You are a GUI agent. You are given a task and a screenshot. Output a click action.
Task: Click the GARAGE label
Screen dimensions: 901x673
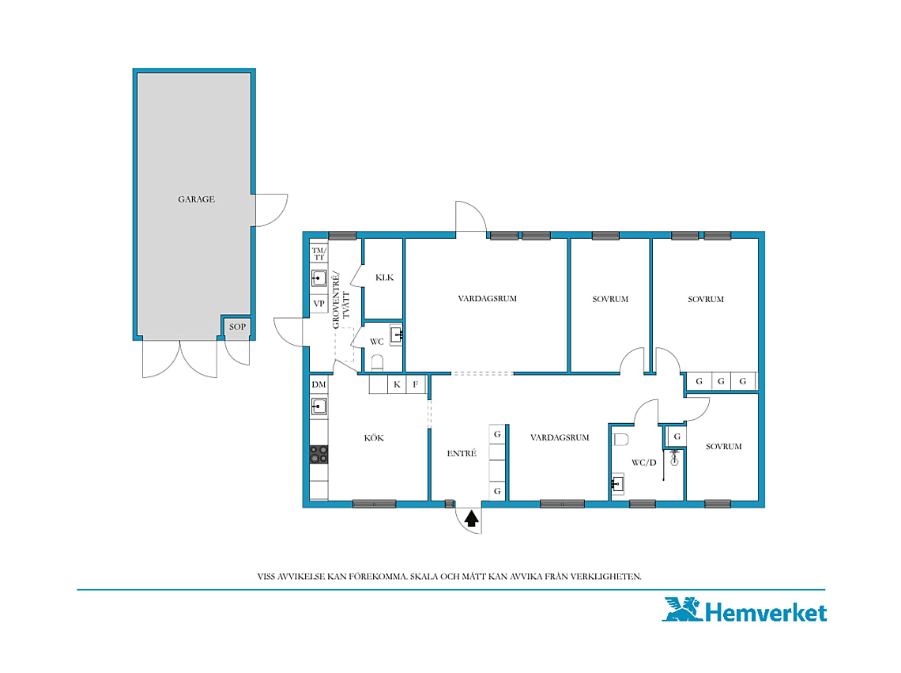point(196,199)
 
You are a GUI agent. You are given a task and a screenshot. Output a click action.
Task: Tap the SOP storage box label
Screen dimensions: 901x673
point(237,327)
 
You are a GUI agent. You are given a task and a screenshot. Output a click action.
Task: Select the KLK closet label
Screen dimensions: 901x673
point(384,278)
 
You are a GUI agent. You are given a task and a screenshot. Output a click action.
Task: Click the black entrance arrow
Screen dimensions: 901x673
point(471,519)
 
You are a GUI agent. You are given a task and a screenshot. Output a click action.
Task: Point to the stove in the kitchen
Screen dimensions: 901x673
point(319,455)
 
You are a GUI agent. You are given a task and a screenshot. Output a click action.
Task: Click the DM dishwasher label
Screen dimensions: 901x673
point(319,384)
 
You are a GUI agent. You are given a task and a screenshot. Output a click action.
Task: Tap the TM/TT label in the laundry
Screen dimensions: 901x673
point(319,254)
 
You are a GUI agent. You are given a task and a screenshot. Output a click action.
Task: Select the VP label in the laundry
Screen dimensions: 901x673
point(319,304)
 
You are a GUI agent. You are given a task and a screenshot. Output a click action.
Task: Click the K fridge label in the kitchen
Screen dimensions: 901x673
point(397,384)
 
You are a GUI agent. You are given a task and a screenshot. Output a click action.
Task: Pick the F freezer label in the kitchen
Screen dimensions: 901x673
point(416,384)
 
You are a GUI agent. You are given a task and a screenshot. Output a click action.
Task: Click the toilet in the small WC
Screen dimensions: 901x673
point(377,362)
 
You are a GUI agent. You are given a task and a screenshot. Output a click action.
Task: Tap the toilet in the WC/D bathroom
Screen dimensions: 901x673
point(620,440)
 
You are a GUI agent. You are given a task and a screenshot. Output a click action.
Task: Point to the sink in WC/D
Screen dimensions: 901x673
point(618,484)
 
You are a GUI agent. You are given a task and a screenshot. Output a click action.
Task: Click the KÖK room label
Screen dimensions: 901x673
point(374,438)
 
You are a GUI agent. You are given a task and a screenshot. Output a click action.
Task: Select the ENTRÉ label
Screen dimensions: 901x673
point(462,453)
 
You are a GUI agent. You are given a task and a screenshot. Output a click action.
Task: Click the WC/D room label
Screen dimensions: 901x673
point(643,463)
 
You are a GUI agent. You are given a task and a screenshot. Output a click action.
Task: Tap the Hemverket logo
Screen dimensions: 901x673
point(745,611)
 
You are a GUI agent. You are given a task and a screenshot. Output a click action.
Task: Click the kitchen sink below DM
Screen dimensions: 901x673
point(319,406)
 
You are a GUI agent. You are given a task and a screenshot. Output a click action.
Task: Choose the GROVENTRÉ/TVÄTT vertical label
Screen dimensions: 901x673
point(341,299)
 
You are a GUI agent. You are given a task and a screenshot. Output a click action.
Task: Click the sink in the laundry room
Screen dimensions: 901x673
point(319,278)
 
